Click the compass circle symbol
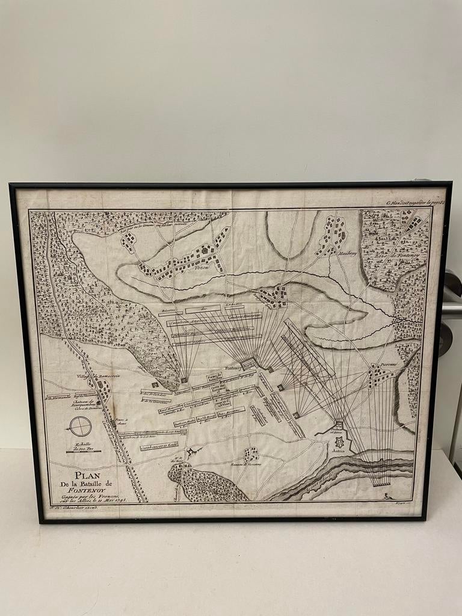(79, 427)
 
